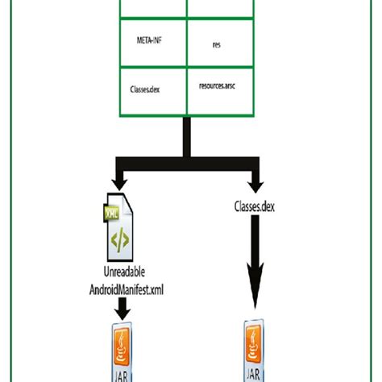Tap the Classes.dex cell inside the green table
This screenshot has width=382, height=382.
(x=152, y=89)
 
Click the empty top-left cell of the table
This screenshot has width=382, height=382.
(x=152, y=8)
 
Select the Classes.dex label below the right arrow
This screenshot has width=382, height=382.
(x=255, y=208)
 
